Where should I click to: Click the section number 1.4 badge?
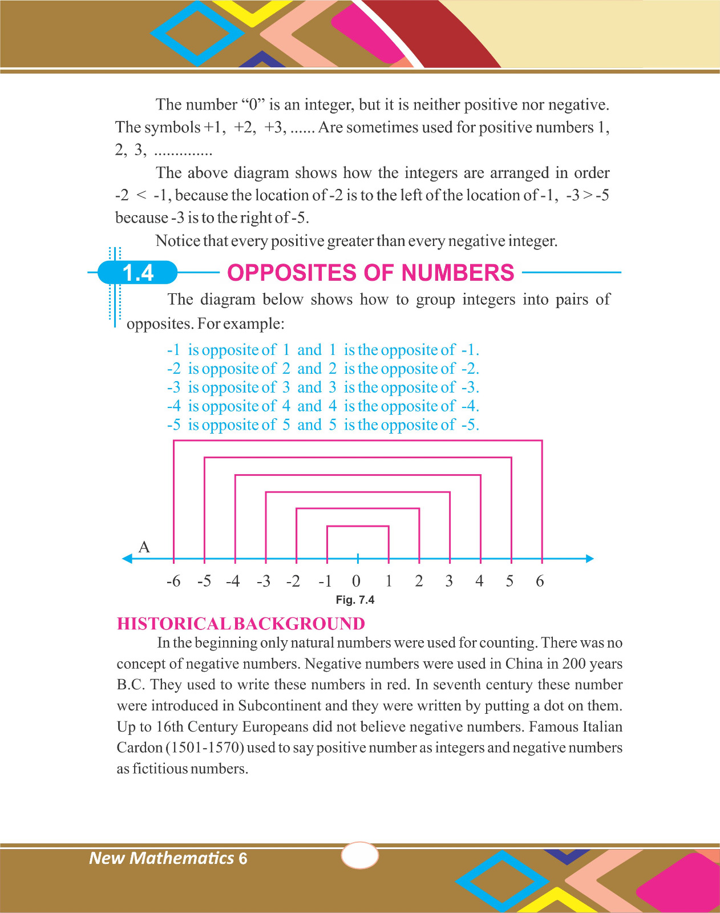click(x=138, y=273)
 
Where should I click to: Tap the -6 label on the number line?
click(x=173, y=581)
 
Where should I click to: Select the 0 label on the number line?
click(x=356, y=581)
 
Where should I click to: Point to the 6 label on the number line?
click(x=540, y=581)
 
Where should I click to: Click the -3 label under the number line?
click(x=264, y=581)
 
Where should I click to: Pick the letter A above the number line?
click(x=144, y=547)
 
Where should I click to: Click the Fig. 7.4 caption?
click(x=355, y=600)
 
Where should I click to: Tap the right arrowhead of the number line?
click(x=590, y=559)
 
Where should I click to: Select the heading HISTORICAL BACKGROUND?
click(x=241, y=624)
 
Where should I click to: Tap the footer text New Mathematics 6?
click(x=168, y=858)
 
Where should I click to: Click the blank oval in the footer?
click(x=359, y=856)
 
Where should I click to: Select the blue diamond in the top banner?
click(x=197, y=33)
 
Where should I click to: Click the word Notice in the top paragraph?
click(x=177, y=241)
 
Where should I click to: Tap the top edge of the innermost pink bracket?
click(x=358, y=526)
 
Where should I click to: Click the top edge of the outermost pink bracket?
click(x=358, y=441)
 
